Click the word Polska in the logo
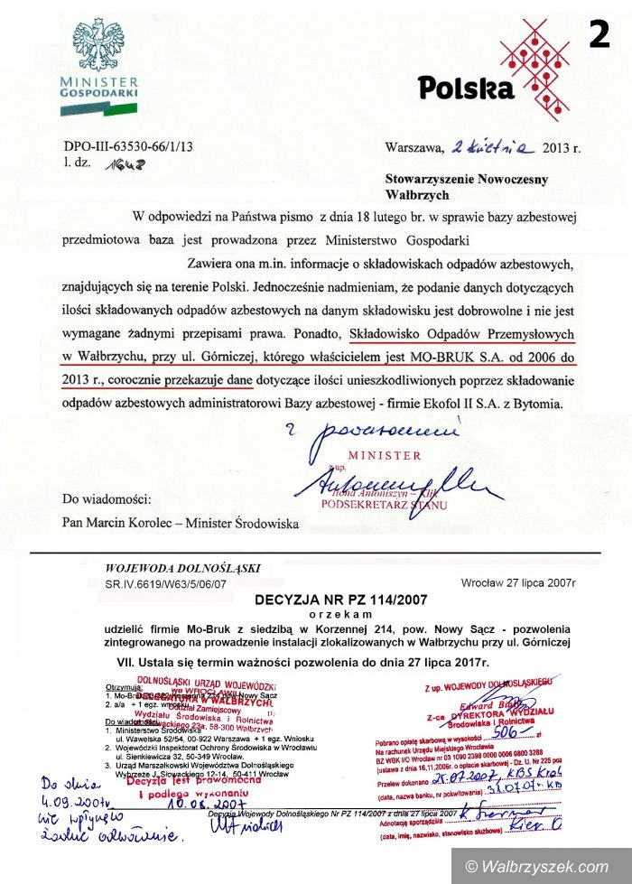[x=466, y=88]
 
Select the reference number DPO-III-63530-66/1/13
[x=128, y=147]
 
